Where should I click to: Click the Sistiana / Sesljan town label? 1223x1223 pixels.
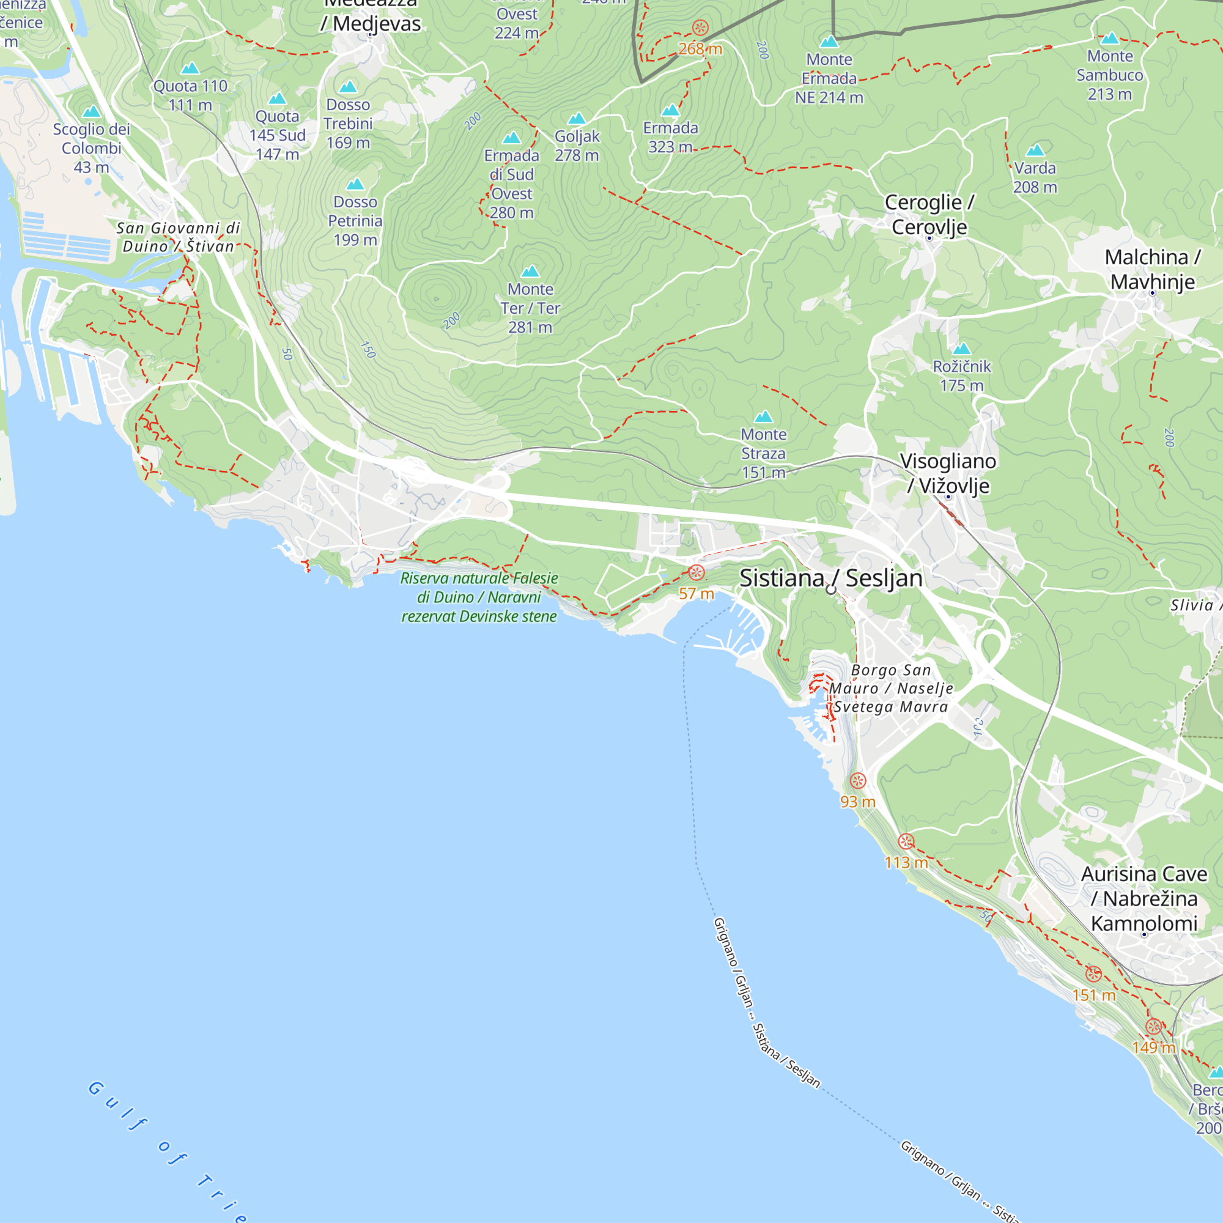pos(830,578)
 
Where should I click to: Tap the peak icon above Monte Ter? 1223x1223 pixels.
pos(530,272)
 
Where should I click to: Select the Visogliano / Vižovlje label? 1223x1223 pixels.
pos(948,473)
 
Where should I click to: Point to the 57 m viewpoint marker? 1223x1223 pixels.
pos(696,573)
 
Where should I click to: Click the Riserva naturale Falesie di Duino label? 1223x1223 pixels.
pos(479,597)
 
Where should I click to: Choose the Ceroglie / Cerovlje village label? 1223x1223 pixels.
pos(929,215)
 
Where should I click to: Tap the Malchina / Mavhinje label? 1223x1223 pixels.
pos(1152,269)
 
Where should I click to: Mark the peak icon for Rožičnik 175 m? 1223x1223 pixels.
pos(961,349)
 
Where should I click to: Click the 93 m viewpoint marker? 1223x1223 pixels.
pos(858,780)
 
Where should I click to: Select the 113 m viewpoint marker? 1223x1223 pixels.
pos(906,841)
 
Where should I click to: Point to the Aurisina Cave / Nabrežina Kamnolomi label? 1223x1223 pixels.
pos(1144,898)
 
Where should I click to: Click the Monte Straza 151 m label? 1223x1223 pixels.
pos(763,453)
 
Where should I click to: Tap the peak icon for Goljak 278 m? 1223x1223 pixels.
pos(576,119)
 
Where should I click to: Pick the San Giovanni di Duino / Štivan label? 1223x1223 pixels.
pos(179,237)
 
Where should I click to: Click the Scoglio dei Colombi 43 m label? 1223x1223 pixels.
pos(91,148)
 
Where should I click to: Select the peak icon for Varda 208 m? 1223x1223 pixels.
pos(1035,150)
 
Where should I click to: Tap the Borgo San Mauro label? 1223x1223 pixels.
pos(891,688)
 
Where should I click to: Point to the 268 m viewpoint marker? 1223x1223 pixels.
pos(700,28)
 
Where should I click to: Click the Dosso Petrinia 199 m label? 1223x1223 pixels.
pos(355,221)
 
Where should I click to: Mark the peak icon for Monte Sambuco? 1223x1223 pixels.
pos(1110,39)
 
